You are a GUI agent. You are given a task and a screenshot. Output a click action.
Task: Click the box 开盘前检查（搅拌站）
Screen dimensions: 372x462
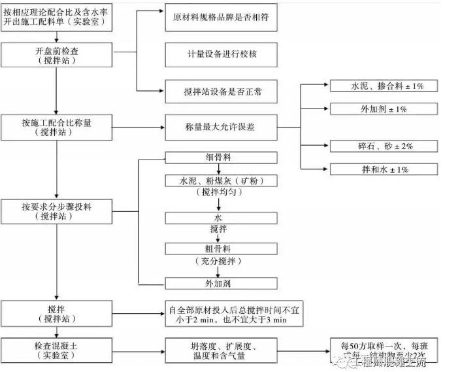[58, 54]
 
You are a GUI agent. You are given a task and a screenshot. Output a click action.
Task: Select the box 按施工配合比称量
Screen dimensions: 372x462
[58, 126]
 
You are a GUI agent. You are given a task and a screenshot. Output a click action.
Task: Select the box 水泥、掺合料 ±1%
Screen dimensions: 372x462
[382, 86]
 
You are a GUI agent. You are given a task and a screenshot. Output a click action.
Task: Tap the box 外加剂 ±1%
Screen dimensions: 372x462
[382, 108]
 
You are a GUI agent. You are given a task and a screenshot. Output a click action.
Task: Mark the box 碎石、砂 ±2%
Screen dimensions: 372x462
[382, 146]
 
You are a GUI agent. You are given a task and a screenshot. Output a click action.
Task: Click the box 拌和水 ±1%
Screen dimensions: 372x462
[382, 169]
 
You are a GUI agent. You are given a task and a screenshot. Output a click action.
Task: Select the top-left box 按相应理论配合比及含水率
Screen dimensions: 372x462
[58, 16]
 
